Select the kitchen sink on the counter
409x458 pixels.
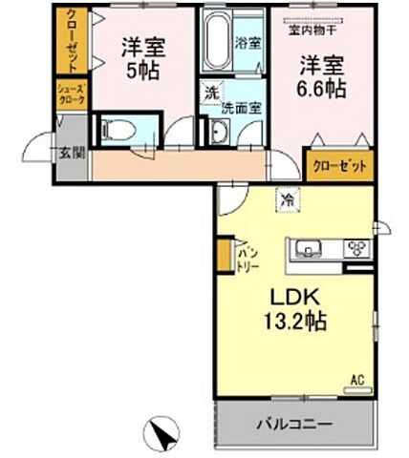click(312, 250)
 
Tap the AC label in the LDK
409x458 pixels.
click(357, 381)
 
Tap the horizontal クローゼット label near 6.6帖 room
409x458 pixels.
click(339, 165)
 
